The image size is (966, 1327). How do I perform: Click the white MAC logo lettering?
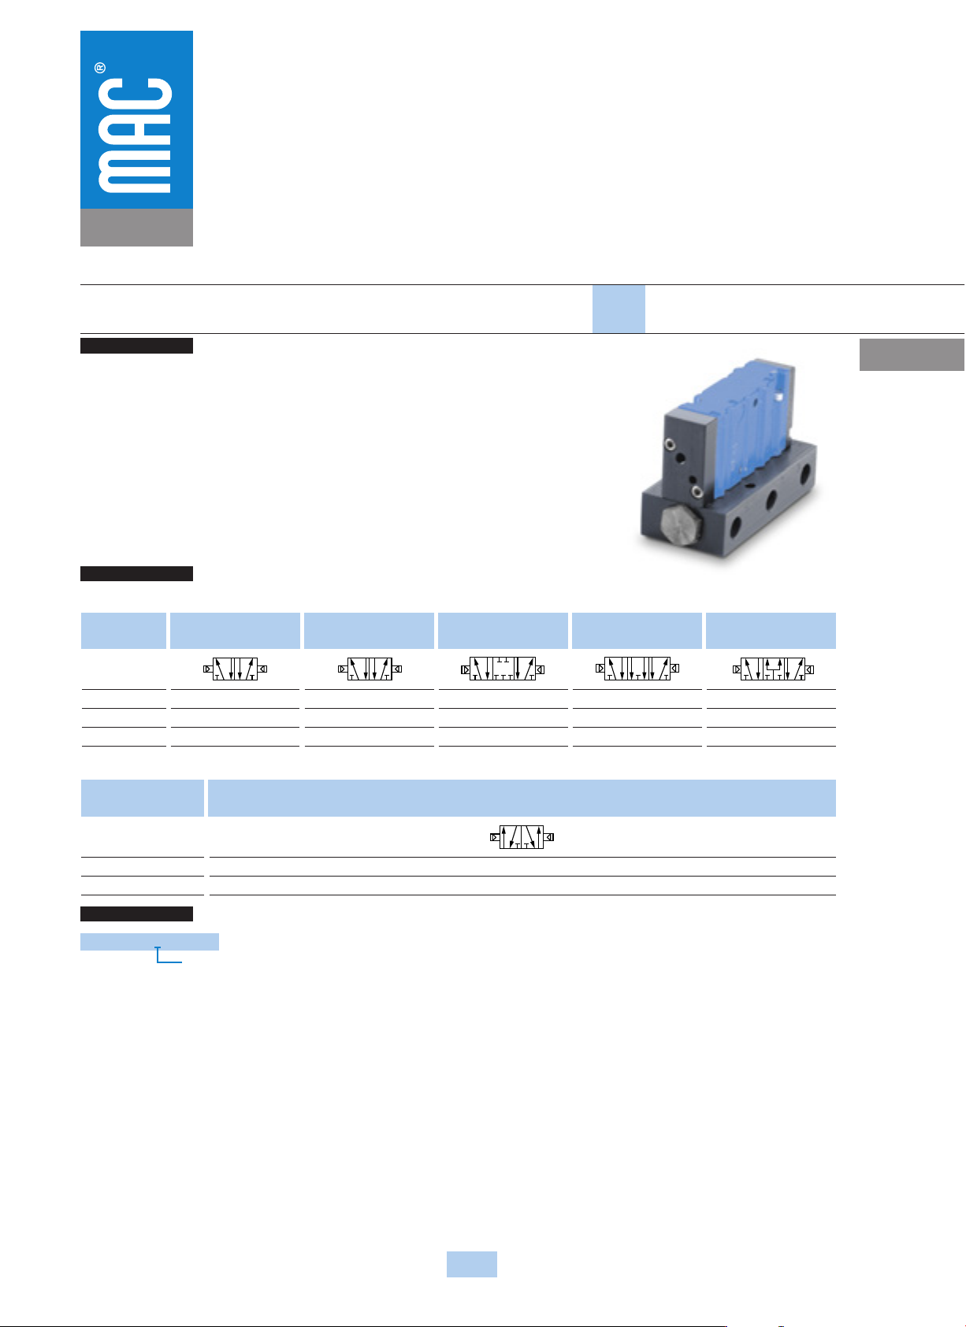135,135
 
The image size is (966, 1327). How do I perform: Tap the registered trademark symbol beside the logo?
100,68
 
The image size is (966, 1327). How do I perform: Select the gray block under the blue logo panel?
136,227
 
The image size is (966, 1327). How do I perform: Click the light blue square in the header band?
618,309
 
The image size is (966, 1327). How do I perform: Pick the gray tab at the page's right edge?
912,354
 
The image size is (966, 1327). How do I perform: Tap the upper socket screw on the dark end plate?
670,443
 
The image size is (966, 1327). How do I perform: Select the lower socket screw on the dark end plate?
697,491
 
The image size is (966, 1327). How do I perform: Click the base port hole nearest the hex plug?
735,524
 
